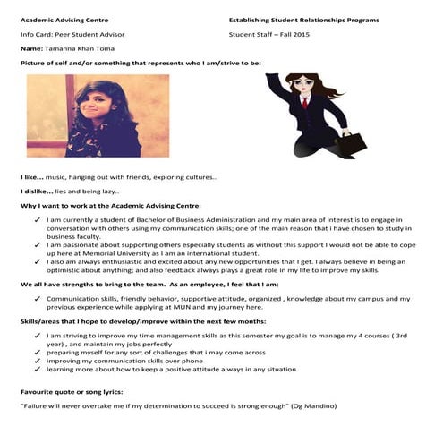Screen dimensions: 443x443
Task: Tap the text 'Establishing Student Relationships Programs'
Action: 303,18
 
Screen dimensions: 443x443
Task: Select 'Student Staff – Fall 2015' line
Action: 271,34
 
